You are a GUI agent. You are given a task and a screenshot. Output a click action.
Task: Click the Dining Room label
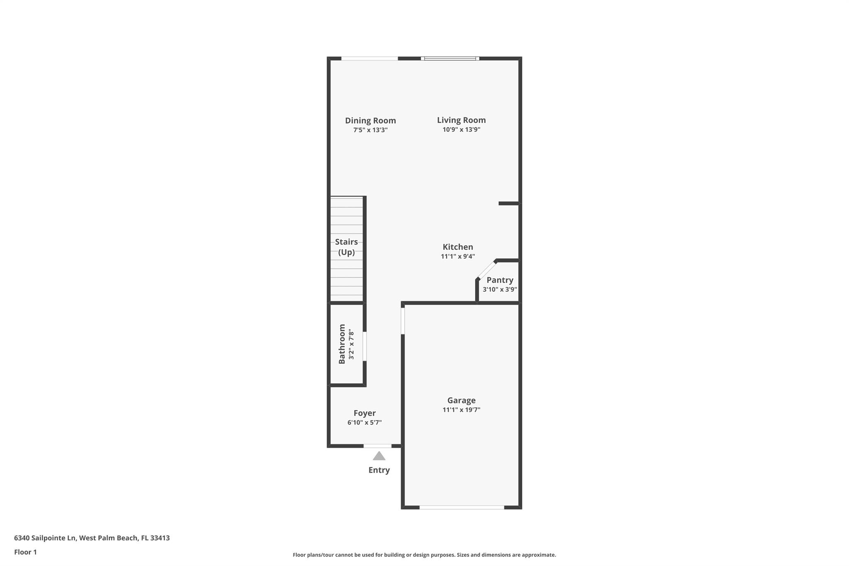[370, 121]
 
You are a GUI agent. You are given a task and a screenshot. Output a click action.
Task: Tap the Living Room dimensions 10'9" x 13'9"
[461, 129]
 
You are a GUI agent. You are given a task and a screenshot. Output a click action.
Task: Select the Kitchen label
[458, 247]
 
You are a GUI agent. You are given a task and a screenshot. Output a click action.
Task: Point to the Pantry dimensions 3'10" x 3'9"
[500, 289]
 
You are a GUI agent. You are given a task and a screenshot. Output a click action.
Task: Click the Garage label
[461, 401]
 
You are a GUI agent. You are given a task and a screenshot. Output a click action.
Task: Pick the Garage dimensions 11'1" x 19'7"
[461, 410]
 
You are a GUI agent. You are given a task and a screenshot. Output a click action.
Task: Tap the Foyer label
[365, 413]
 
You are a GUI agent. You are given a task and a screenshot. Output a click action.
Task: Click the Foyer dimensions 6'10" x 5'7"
[365, 423]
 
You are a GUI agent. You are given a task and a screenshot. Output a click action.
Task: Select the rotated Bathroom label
[342, 344]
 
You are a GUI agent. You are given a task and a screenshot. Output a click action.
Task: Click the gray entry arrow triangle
[379, 456]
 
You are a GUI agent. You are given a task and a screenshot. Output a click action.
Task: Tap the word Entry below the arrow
[379, 470]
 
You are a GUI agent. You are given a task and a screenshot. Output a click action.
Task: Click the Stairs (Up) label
[347, 247]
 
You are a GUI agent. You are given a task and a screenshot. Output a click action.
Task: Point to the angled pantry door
[486, 270]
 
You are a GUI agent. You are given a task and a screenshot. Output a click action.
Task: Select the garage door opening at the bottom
[462, 507]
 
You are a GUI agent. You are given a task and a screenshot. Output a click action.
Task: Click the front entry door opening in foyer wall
[378, 446]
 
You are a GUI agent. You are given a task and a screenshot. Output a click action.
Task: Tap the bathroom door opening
[365, 346]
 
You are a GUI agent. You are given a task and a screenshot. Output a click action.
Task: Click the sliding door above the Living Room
[450, 58]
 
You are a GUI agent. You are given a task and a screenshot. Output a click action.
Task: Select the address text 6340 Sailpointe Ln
[45, 538]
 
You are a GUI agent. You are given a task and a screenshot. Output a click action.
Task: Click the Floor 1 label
[25, 552]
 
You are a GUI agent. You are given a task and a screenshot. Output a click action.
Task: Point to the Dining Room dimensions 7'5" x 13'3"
[370, 130]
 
